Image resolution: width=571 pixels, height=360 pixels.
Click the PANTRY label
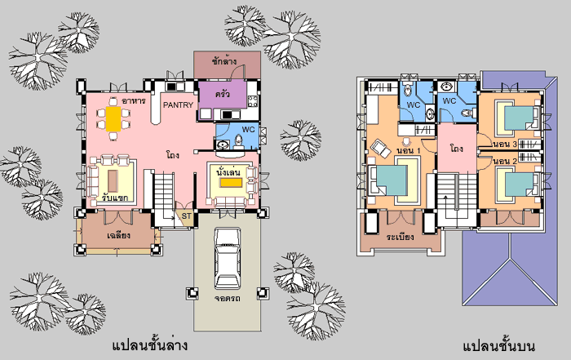pos(178,105)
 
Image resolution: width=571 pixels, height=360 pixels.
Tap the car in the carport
pos(228,258)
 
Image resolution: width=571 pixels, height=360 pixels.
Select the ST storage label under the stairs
pos(187,216)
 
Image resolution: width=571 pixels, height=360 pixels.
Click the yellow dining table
pos(113,119)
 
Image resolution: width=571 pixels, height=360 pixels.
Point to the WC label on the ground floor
pos(248,130)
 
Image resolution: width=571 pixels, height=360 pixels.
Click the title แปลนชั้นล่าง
pos(149,344)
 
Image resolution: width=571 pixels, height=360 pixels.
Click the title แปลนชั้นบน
pos(499,345)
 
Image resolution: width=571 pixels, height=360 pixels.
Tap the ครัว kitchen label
pos(223,94)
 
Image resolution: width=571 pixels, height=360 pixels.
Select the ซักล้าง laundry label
pos(224,61)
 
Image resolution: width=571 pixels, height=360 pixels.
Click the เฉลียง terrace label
pos(119,235)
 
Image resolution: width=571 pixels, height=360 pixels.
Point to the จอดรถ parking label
pos(228,299)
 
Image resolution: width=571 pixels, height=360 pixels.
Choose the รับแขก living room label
pos(115,198)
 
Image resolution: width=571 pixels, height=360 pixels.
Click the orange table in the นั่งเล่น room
pos(231,183)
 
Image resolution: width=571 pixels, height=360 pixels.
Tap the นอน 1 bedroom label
pos(408,150)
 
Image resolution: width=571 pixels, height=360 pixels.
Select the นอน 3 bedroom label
pos(505,144)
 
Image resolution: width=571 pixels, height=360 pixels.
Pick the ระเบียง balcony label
pos(401,238)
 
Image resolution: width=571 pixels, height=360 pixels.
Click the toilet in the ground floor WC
pos(239,142)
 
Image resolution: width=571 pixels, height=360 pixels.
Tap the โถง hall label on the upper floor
pos(456,149)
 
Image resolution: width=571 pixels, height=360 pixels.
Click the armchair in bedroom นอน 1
pos(381,149)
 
